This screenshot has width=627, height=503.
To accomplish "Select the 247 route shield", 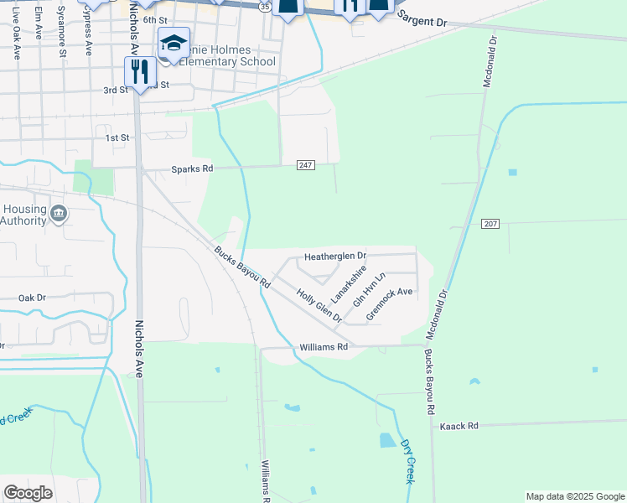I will coord(306,165).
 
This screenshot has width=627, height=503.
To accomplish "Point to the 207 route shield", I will coord(491,224).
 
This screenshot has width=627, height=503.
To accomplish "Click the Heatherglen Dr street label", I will coord(335,256).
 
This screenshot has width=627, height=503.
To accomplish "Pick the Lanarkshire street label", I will coord(349,285).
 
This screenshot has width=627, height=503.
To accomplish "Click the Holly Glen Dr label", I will coord(319,307).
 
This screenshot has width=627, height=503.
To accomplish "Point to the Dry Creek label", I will coord(408,461).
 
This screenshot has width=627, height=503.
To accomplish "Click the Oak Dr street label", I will coord(32,298).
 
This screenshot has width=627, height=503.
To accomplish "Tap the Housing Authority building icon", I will coord(59,214).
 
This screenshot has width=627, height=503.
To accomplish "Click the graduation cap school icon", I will coord(174,42).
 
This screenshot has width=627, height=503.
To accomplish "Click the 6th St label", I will coord(155,19).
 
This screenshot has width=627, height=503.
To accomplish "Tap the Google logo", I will coord(28,492).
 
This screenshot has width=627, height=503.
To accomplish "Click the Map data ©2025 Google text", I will coord(574,496).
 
